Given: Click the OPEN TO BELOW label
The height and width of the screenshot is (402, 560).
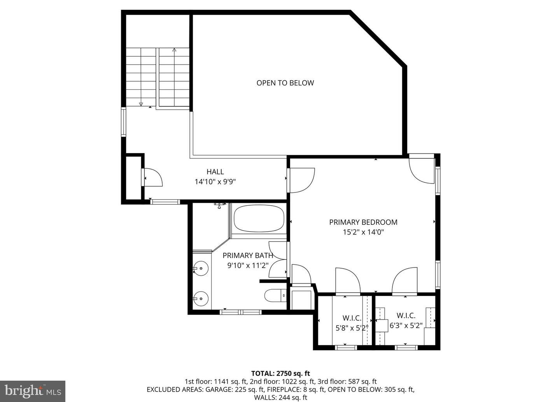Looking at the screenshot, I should click(285, 83).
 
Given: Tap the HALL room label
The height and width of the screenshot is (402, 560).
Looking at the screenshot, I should click(215, 171).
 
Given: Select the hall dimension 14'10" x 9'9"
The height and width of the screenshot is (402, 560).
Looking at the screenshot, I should click(215, 182).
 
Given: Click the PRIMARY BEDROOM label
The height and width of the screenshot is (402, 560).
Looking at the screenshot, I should click(363, 222).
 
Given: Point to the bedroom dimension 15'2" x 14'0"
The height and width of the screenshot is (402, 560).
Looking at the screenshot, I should click(363, 232).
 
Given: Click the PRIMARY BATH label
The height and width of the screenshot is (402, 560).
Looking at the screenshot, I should click(248, 255).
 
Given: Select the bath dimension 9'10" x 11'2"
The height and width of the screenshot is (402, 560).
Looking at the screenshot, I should click(248, 266).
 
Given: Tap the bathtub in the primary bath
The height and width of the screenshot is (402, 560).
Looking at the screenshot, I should click(259, 218).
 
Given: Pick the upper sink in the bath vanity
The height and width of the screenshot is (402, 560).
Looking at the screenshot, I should click(201, 268).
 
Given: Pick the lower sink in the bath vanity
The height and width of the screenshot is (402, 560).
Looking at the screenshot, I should click(201, 299).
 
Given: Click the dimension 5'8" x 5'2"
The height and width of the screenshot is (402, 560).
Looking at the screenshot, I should click(352, 328).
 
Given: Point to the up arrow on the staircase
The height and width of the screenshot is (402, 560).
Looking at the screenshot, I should click(174, 50).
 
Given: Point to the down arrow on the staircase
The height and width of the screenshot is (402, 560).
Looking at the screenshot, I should click(141, 104).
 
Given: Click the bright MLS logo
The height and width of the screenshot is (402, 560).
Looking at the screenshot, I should click(33, 389).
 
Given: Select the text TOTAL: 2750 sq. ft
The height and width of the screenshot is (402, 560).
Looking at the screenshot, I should click(280, 374).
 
